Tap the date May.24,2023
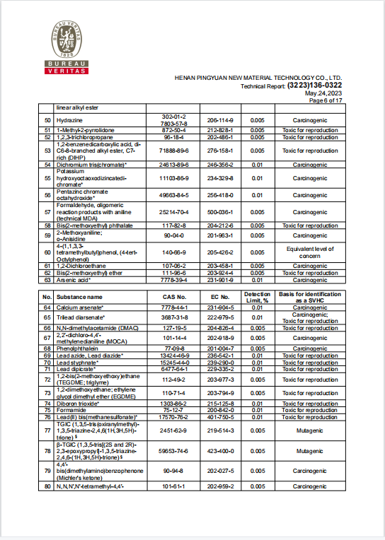pyautogui.click(x=323, y=93)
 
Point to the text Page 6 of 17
pyautogui.click(x=326, y=101)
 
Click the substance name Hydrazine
pyautogui.click(x=69, y=120)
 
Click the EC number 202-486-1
pyautogui.click(x=220, y=137)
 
